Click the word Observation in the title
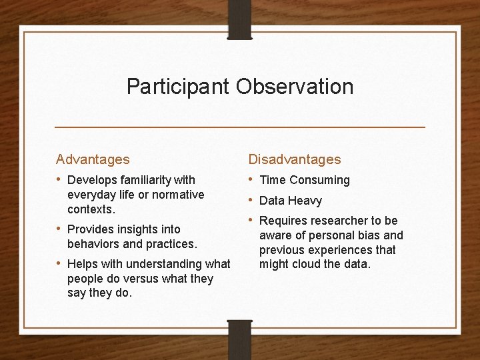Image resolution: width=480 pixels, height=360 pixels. [296, 87]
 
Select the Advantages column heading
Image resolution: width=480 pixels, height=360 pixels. [93, 159]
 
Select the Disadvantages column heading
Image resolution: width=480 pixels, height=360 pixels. [295, 159]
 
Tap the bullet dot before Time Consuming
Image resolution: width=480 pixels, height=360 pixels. [251, 179]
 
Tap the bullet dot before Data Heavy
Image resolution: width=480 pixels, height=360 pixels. [251, 200]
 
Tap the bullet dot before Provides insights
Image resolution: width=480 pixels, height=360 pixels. [59, 229]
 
